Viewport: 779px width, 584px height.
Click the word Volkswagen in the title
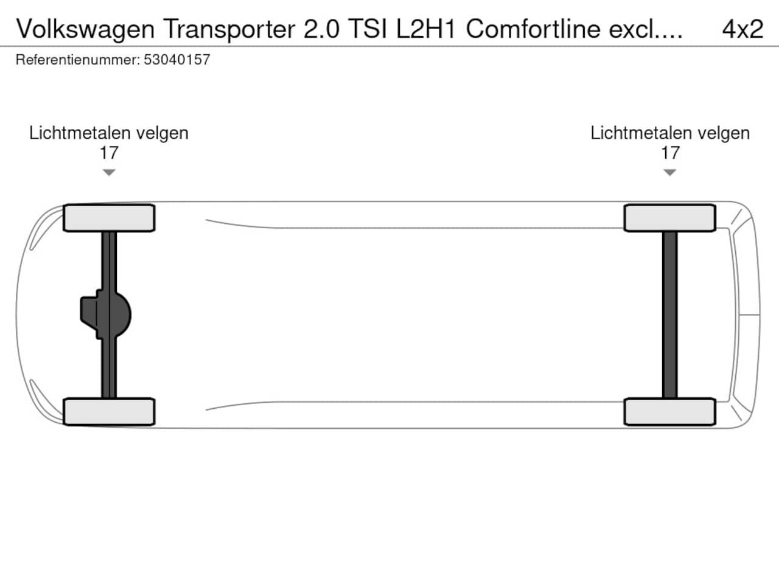[x=85, y=29]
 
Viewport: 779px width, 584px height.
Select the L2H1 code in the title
[x=425, y=29]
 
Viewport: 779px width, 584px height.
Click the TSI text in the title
[x=368, y=29]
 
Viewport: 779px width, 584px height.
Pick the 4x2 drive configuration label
[x=742, y=29]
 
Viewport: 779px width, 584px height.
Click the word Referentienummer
[x=77, y=60]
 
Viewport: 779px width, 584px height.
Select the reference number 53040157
[x=177, y=60]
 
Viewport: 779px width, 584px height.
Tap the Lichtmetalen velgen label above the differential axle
[x=109, y=133]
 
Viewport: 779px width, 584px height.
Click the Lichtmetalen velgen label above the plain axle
[x=670, y=133]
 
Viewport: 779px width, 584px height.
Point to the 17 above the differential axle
[x=109, y=153]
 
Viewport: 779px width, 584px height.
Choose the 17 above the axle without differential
[x=670, y=153]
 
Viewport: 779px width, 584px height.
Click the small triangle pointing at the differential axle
[x=109, y=173]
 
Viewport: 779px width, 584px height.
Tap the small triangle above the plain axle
[x=670, y=173]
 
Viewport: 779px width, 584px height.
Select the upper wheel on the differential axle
[x=109, y=218]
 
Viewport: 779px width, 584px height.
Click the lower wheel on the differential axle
[x=109, y=412]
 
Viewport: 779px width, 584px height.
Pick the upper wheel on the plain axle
[x=670, y=218]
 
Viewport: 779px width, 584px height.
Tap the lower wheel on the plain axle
[x=670, y=412]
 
